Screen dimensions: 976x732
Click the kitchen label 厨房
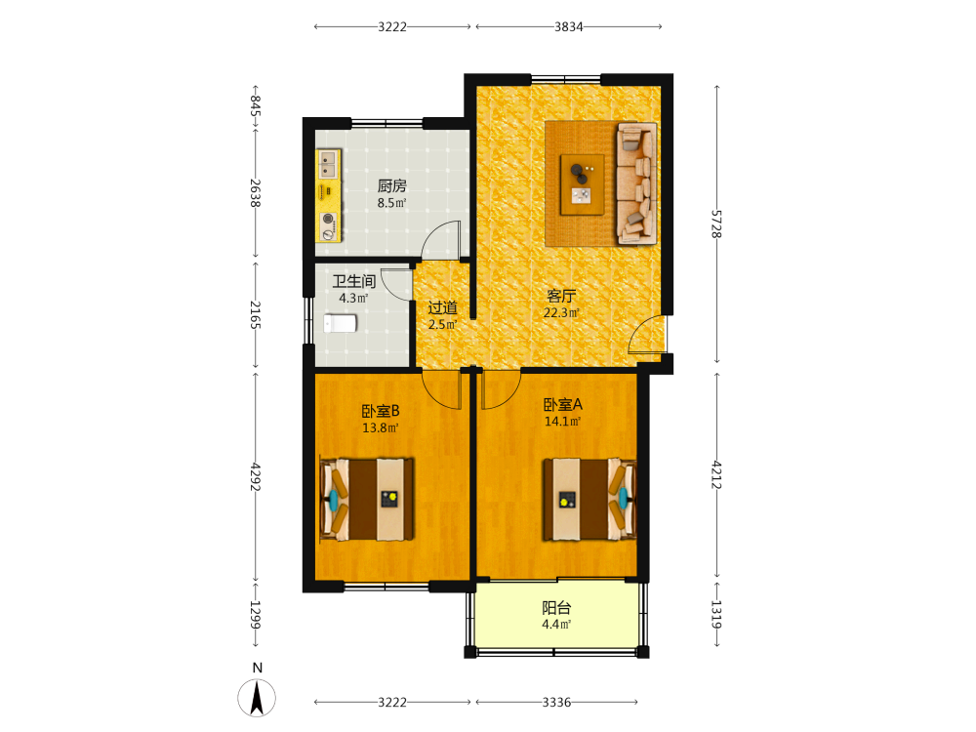pyautogui.click(x=391, y=185)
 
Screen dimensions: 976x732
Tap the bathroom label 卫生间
pyautogui.click(x=353, y=281)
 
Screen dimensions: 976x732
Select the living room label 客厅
pyautogui.click(x=561, y=297)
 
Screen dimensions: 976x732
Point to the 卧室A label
pyautogui.click(x=563, y=405)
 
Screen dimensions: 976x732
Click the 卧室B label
pyautogui.click(x=381, y=412)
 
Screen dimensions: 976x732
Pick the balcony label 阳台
pyautogui.click(x=556, y=608)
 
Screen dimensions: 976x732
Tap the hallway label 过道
pyautogui.click(x=442, y=307)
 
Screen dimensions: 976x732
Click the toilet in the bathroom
pyautogui.click(x=340, y=324)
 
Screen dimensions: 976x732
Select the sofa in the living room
pyautogui.click(x=636, y=183)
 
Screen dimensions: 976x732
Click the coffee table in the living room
pyautogui.click(x=582, y=184)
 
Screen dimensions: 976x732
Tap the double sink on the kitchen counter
pyautogui.click(x=327, y=164)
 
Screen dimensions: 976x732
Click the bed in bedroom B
pyautogui.click(x=367, y=499)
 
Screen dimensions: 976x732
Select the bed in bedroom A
pyautogui.click(x=590, y=499)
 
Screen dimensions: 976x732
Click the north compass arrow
pyautogui.click(x=257, y=697)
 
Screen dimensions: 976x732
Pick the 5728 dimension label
pyautogui.click(x=717, y=224)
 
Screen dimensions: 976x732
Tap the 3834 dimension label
pyautogui.click(x=569, y=26)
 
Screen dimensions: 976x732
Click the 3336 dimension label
pyautogui.click(x=556, y=702)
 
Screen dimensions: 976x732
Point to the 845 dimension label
pyautogui.click(x=255, y=105)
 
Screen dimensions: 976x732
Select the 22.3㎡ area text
pyautogui.click(x=561, y=312)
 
